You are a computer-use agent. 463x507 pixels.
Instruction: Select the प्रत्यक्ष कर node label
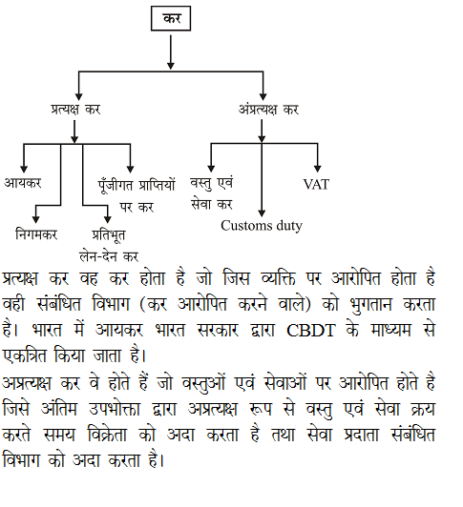(x=75, y=110)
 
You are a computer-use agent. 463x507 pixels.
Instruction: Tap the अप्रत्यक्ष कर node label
(x=268, y=110)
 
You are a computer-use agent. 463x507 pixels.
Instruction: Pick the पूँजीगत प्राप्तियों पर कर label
(x=136, y=193)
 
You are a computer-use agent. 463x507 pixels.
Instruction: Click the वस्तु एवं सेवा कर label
(x=213, y=192)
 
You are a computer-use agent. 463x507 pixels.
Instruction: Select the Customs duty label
(x=262, y=226)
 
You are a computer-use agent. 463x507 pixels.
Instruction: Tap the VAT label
(x=316, y=183)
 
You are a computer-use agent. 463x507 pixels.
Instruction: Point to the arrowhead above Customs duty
(x=262, y=212)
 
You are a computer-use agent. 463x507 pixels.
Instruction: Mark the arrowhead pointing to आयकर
(x=24, y=168)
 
